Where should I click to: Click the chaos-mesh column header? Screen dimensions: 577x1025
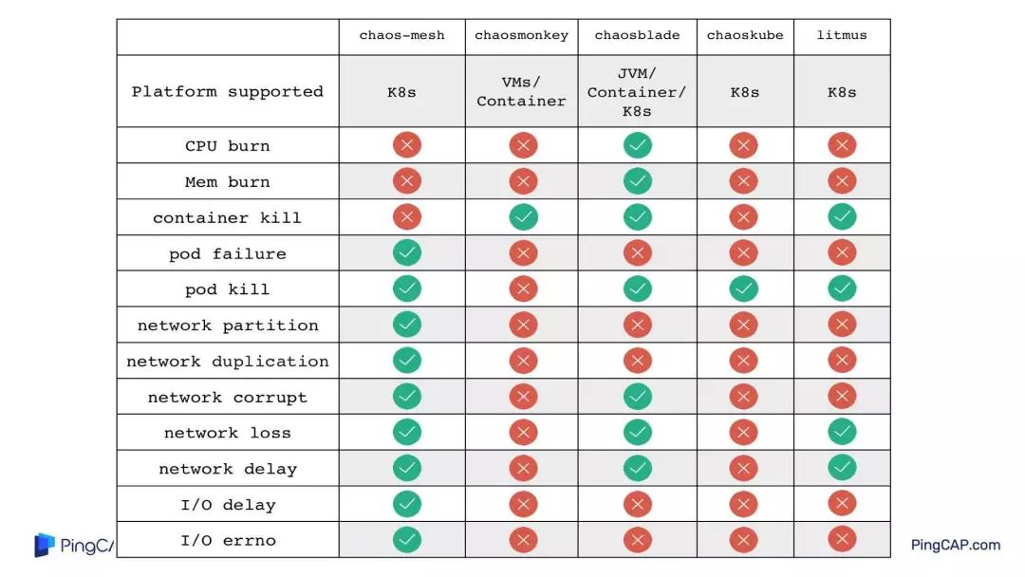coord(401,36)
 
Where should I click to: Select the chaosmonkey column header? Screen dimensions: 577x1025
coord(521,36)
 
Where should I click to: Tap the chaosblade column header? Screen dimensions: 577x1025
coord(637,36)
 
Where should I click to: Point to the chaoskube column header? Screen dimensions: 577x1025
coord(745,36)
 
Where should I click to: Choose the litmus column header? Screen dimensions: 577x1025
coord(841,36)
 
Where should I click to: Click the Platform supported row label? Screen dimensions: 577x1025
coord(228,92)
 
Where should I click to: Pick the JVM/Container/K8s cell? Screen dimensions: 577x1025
coord(637,92)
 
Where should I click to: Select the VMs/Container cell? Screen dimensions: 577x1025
coord(521,92)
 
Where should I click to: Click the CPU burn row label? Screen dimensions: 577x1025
coord(228,146)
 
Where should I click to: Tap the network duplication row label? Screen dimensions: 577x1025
coord(228,362)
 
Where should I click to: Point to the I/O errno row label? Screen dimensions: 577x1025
coord(228,541)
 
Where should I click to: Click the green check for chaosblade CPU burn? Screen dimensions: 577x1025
coord(637,145)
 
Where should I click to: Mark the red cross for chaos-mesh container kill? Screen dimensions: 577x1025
coord(407,217)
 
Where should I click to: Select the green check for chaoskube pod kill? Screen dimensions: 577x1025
coord(743,288)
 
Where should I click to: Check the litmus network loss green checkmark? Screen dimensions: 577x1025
coord(841,432)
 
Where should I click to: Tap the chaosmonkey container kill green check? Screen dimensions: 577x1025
coord(523,217)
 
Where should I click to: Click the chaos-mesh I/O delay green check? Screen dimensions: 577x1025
coord(407,504)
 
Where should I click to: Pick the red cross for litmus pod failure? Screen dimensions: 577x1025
coord(841,253)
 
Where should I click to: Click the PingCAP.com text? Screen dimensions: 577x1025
coord(956,545)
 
